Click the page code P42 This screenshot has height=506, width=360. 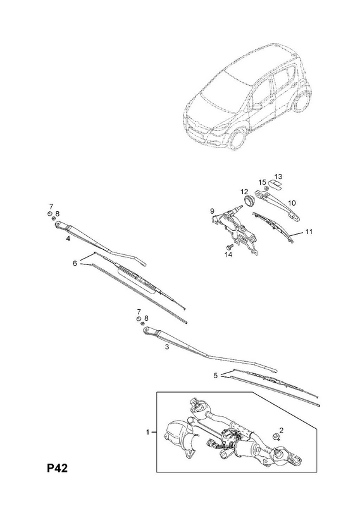coord(58,468)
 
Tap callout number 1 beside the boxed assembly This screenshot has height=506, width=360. coord(148,432)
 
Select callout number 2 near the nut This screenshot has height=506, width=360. coord(281,430)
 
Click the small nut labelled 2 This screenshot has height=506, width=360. coord(276,436)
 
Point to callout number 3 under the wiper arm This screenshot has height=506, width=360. coord(167,347)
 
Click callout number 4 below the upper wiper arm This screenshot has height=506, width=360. coord(68,238)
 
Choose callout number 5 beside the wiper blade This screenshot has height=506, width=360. coord(216,375)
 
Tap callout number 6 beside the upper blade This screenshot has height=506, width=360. coord(75,263)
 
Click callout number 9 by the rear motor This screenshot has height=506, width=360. coord(212,211)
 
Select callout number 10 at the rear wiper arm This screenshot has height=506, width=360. coord(292,202)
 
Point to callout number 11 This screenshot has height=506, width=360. coord(309,231)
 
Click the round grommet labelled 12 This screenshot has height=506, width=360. coord(249,201)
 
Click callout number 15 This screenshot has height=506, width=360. coord(262,182)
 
